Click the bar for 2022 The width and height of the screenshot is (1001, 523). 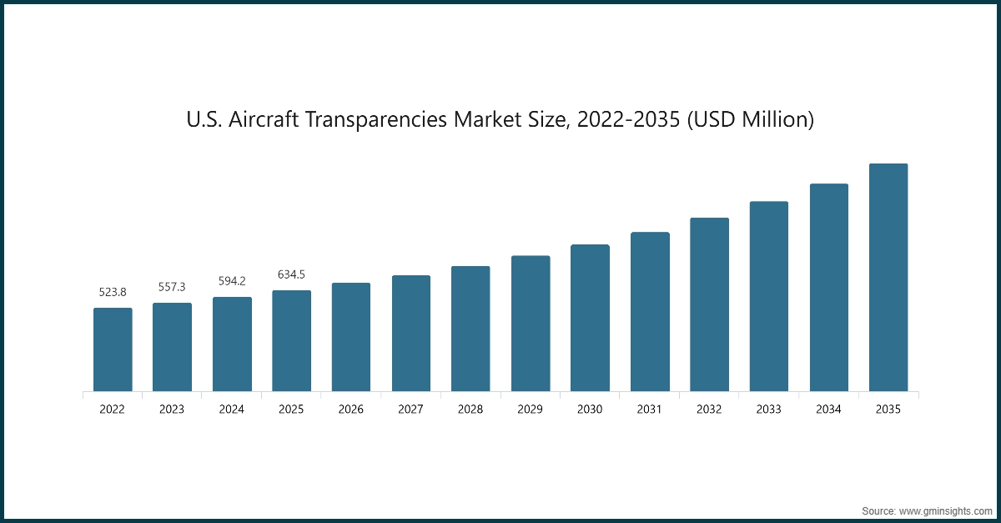(x=113, y=350)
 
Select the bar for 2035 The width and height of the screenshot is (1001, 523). (x=888, y=277)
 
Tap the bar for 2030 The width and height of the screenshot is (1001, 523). (x=590, y=318)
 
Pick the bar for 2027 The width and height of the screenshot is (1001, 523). (x=411, y=333)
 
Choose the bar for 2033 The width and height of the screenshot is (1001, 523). (x=769, y=296)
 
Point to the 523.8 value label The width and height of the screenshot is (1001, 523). (x=113, y=292)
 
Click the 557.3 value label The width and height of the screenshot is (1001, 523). (x=172, y=287)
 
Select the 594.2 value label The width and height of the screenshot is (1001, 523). (x=232, y=281)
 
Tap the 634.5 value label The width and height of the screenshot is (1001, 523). (x=292, y=274)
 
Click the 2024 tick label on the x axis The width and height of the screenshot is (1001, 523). (x=232, y=410)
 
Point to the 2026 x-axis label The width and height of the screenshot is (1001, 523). (x=351, y=410)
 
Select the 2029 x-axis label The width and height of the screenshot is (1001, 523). (x=531, y=410)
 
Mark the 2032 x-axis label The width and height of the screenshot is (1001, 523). (x=709, y=410)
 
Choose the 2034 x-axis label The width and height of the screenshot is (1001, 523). (x=828, y=410)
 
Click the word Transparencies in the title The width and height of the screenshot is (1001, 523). (x=380, y=120)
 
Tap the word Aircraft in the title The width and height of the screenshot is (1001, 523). (x=264, y=120)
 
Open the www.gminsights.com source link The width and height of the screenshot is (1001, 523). (x=945, y=510)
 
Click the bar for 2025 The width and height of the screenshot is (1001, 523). (x=292, y=340)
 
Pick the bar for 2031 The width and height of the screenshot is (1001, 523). (x=650, y=311)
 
